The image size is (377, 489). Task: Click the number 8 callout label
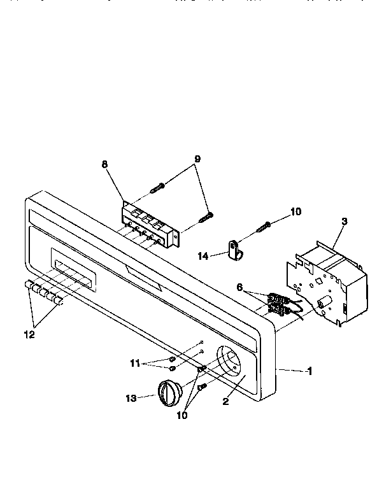click(x=105, y=164)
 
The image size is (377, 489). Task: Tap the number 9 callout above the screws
click(x=197, y=160)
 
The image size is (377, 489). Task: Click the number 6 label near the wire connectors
click(x=239, y=287)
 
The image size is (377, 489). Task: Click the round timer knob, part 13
click(x=170, y=390)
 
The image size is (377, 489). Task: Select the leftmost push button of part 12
click(x=29, y=285)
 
